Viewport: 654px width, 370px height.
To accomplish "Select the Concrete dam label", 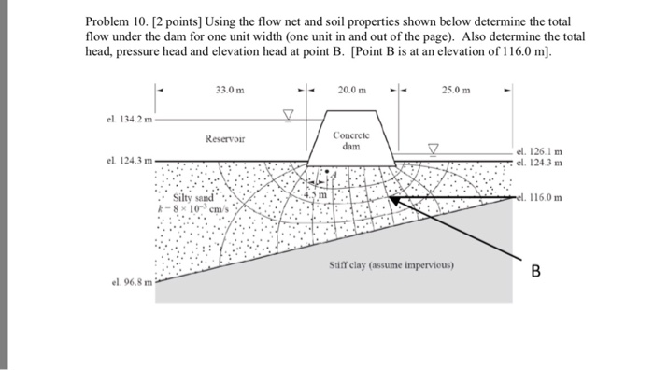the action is click(346, 141).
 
